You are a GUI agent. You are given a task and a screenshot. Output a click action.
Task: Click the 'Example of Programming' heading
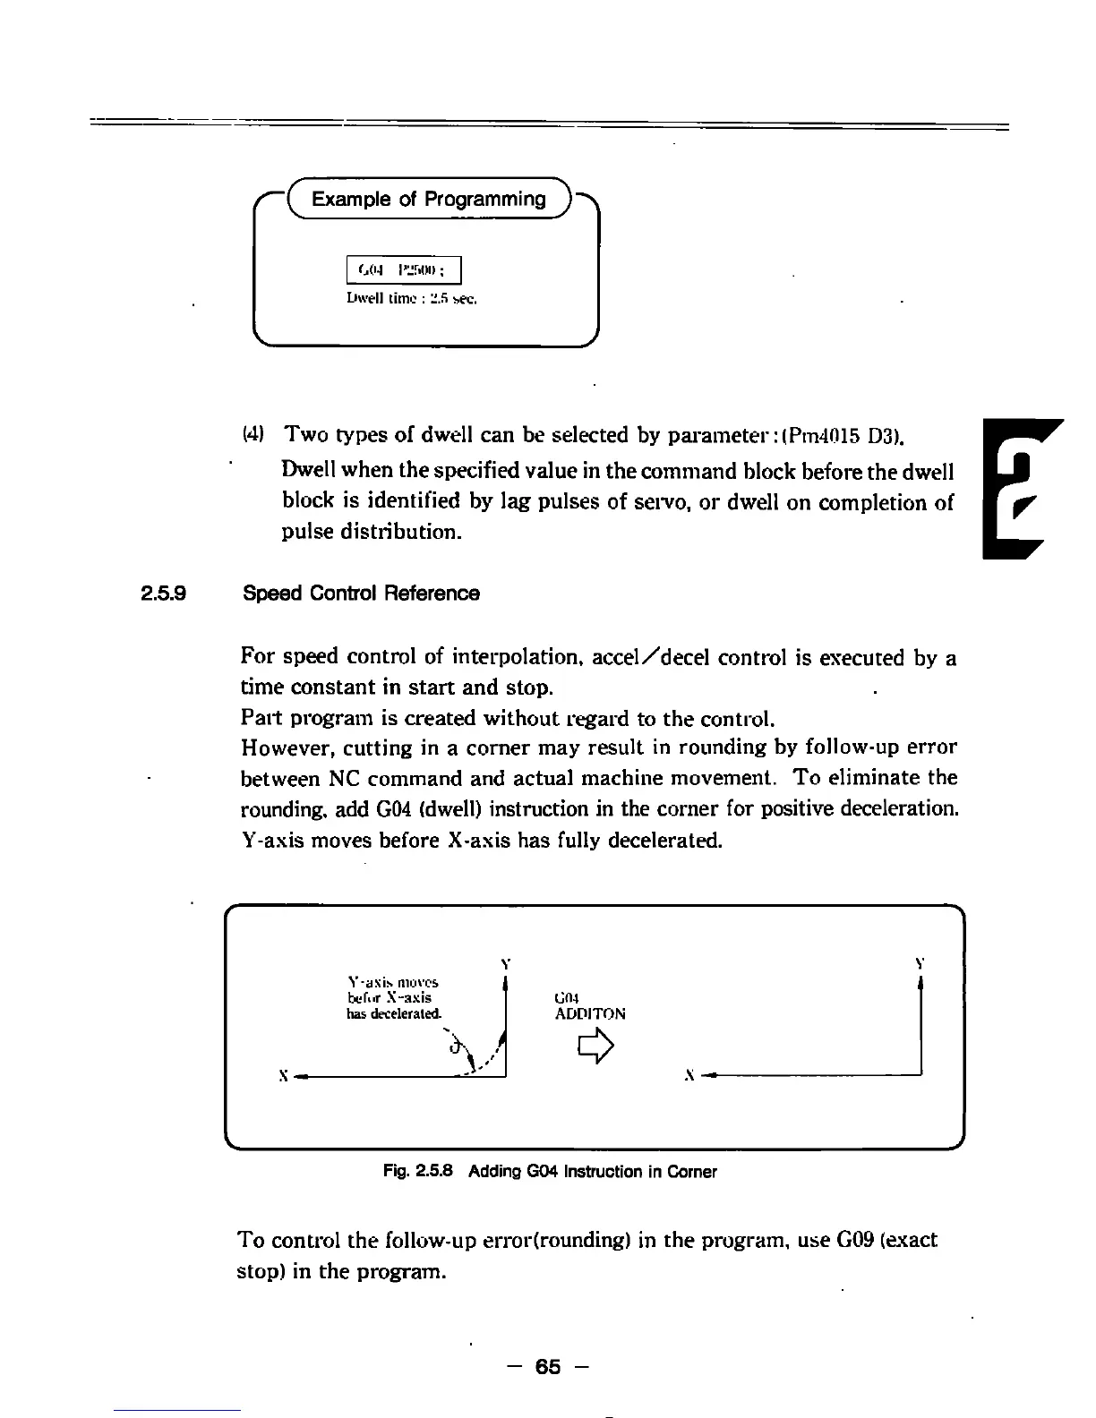tap(428, 199)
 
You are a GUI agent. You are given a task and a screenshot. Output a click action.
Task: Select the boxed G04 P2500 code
tap(403, 269)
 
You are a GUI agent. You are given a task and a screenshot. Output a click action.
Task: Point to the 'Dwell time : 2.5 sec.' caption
tap(411, 300)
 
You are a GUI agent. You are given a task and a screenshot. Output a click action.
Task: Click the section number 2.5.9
tap(163, 594)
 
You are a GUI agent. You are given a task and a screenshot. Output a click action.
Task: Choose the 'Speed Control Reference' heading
tap(361, 594)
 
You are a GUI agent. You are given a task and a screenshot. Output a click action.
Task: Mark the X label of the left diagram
tap(283, 1075)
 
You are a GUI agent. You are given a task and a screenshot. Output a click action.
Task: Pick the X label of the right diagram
tap(689, 1075)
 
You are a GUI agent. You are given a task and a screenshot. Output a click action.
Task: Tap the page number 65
tap(547, 1367)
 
